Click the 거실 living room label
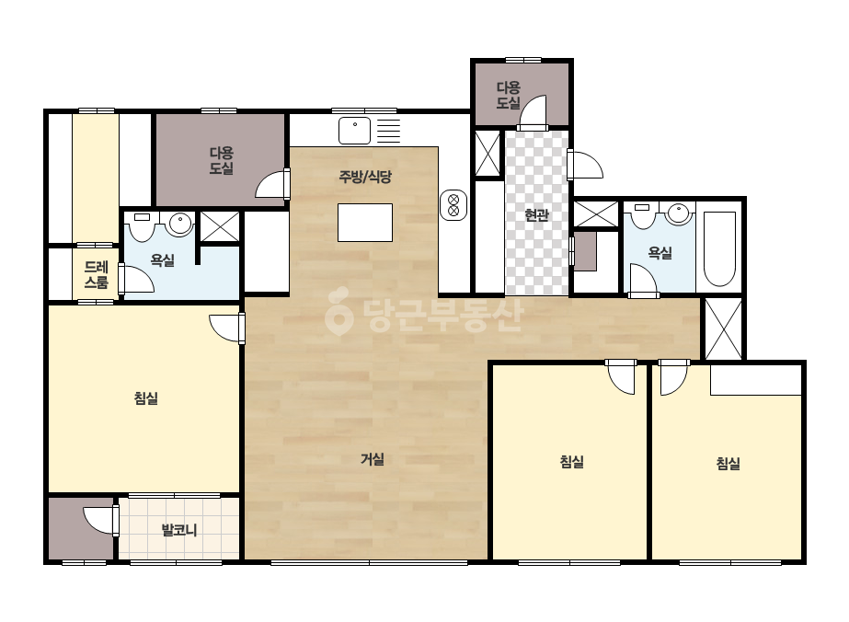pos(373,459)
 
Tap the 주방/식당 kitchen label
pos(365,177)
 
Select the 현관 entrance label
pos(536,215)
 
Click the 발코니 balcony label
pos(179,529)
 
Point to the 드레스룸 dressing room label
pos(96,275)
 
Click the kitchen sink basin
pos(355,131)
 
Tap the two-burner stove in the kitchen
pos(453,205)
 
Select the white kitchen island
pos(365,223)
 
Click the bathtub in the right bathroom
pos(719,248)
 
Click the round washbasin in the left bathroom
pos(179,223)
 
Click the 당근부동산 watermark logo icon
pos(338,311)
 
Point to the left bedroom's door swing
pos(225,328)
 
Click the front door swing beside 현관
pos(585,165)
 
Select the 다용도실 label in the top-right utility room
pos(509,96)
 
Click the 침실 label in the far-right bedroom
pos(728,464)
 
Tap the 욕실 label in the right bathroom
pos(660,252)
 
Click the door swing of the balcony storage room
pos(100,521)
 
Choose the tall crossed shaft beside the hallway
pos(724,328)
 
